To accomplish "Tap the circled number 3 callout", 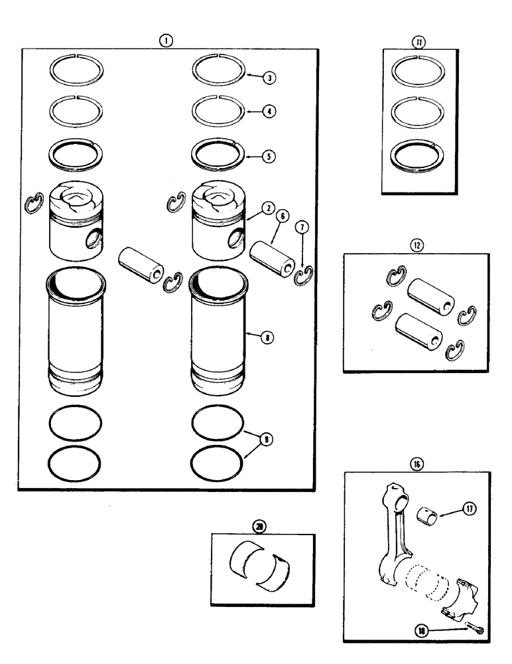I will click(269, 78).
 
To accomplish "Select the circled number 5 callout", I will click(269, 157).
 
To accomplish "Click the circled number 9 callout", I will click(267, 440).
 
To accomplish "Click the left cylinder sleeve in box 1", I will click(75, 332).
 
